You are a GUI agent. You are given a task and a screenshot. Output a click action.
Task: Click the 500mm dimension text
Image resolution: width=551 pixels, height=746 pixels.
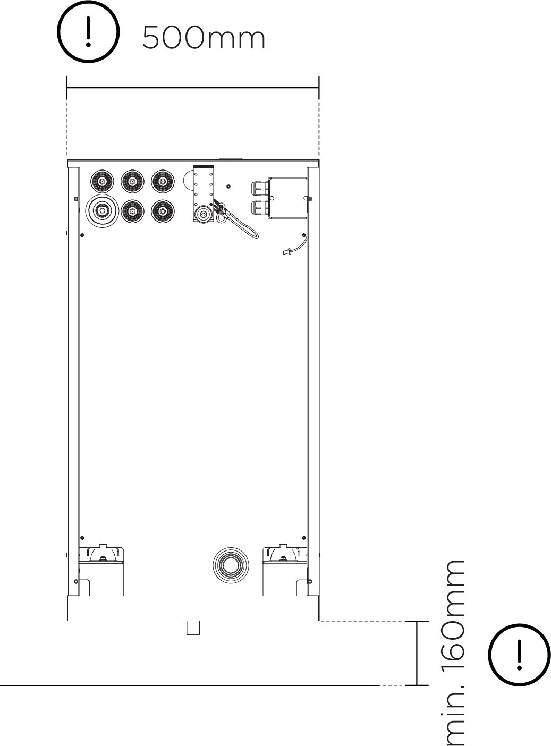[x=204, y=38]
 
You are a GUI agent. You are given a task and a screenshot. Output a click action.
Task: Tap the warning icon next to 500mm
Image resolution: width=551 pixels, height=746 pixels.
[x=89, y=33]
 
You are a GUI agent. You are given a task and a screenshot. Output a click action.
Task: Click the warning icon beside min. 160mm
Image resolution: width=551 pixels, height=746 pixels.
[x=519, y=653]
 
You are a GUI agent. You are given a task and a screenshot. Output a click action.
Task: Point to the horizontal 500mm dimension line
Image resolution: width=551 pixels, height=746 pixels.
[x=192, y=88]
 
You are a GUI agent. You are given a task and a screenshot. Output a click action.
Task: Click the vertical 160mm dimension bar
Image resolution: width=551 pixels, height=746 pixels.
[x=417, y=653]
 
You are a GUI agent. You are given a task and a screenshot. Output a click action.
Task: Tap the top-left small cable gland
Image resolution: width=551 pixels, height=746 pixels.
[x=100, y=182]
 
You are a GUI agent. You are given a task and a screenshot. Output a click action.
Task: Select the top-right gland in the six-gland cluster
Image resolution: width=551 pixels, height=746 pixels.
[x=162, y=182]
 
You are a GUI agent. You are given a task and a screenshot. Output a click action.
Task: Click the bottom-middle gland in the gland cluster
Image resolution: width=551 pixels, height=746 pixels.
[x=131, y=211]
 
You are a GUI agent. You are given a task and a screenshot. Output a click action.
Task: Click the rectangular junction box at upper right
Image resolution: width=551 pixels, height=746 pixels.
[x=287, y=198]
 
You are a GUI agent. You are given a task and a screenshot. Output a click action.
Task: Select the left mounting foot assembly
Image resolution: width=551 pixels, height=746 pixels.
[x=101, y=571]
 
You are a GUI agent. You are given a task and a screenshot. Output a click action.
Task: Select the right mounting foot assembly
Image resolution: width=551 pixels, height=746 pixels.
[x=285, y=571]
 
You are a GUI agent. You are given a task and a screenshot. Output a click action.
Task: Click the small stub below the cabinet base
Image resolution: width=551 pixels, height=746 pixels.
[x=193, y=628]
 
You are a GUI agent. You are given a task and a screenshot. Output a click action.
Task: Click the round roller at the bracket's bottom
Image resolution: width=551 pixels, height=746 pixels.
[x=202, y=215]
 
